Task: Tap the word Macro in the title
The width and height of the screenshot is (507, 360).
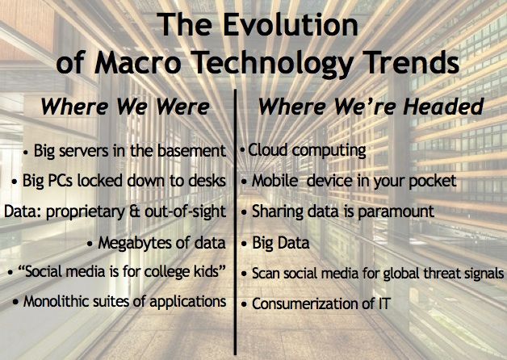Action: pos(137,62)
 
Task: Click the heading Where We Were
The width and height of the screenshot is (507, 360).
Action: pos(125,107)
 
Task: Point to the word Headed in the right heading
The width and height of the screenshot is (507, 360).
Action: pos(443,107)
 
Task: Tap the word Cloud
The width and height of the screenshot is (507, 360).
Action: pos(268,150)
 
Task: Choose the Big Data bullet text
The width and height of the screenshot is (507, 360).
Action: pos(281,243)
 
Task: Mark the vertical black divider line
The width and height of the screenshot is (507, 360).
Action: pos(235,222)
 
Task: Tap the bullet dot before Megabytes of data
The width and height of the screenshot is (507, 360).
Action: pos(90,244)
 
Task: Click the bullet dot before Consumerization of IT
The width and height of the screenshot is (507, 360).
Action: pos(244,305)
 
